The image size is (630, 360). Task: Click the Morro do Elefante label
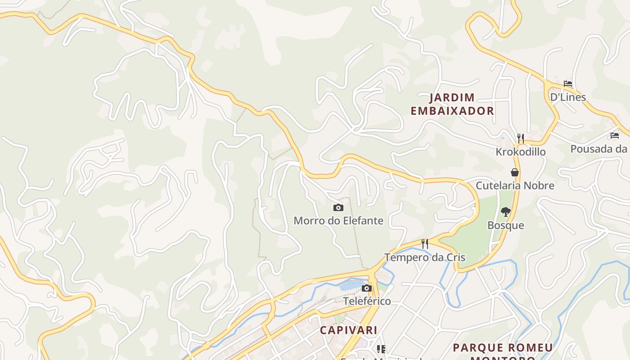[338, 220]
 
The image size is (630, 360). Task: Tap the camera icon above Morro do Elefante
[338, 207]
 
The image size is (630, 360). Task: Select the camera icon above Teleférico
[367, 288]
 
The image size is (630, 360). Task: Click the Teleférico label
[367, 301]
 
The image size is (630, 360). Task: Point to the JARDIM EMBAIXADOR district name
[452, 104]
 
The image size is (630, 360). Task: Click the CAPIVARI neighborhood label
[349, 330]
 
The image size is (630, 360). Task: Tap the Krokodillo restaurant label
[521, 152]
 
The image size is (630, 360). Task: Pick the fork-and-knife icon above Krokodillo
[521, 138]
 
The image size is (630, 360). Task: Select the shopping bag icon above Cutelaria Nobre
[515, 172]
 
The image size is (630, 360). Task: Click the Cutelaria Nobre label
[515, 185]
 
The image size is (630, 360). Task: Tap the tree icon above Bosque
[506, 212]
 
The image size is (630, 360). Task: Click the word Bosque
[506, 225]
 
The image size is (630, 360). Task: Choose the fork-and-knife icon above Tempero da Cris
[424, 244]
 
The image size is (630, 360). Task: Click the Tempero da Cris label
[424, 257]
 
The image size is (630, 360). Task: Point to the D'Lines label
[568, 97]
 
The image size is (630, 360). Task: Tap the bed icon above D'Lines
[568, 84]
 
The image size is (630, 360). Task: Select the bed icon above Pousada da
[614, 135]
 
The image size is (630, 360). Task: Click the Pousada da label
[599, 148]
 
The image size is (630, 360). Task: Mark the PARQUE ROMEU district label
[503, 348]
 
